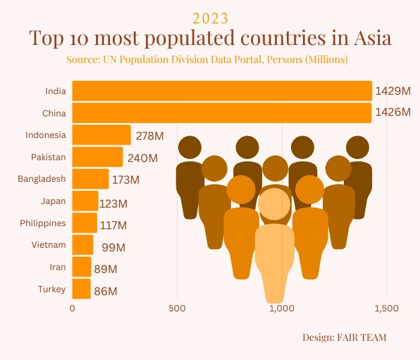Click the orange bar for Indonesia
(x=101, y=135)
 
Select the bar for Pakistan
(x=97, y=157)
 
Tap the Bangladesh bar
(x=91, y=179)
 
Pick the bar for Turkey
(x=82, y=289)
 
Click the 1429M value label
(x=393, y=91)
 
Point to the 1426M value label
(x=393, y=113)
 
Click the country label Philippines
(x=43, y=223)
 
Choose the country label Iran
(x=58, y=267)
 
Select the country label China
(x=54, y=113)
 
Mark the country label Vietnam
(x=49, y=245)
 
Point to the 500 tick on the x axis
(x=177, y=309)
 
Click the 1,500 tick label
(x=386, y=309)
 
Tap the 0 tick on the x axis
(x=73, y=309)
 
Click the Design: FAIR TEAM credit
(x=344, y=338)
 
